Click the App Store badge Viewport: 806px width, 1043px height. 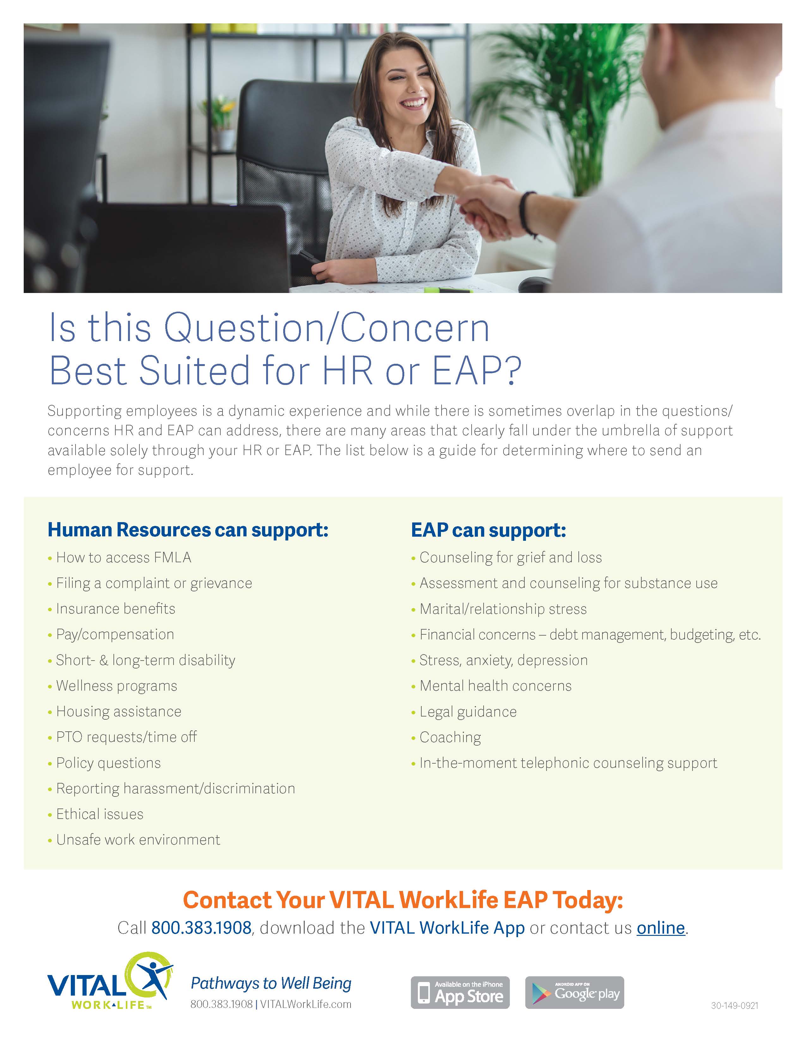tap(460, 992)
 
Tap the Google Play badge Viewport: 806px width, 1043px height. tap(574, 992)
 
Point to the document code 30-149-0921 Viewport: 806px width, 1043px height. tap(734, 1006)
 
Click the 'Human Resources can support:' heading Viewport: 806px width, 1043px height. tap(188, 530)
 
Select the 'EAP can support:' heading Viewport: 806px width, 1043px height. tap(488, 530)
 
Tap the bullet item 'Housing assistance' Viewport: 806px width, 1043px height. tap(119, 711)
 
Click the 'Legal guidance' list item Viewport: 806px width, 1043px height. tap(468, 711)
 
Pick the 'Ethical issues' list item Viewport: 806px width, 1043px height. tap(100, 814)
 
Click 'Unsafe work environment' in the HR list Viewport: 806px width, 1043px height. tap(138, 839)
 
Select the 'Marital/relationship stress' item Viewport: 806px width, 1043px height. tap(503, 609)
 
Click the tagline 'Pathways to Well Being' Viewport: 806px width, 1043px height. tap(271, 983)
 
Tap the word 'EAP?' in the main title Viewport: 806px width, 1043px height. tap(477, 371)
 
